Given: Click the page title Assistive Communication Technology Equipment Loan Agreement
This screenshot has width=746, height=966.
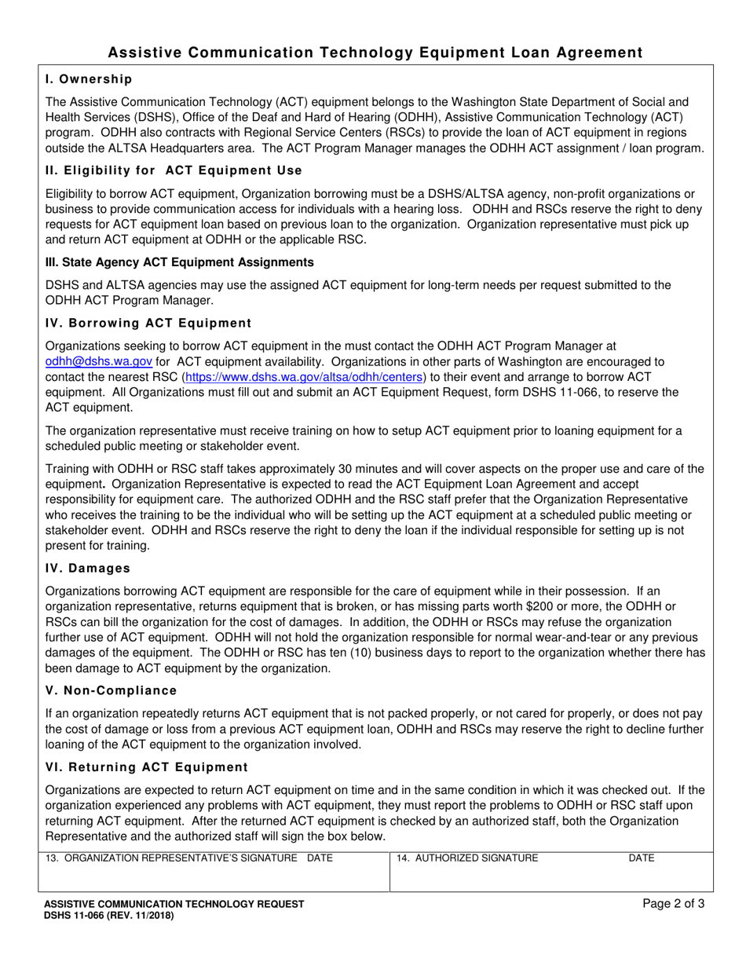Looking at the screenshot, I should click(375, 53).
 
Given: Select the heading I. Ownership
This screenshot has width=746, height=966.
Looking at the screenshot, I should click(89, 79).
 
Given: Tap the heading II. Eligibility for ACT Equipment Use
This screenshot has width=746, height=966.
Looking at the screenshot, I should click(174, 170).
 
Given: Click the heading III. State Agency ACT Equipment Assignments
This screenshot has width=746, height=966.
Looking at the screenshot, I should click(180, 262).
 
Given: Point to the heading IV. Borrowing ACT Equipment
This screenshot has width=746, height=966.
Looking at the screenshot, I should click(148, 323).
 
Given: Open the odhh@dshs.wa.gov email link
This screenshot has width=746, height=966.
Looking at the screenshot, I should click(99, 361).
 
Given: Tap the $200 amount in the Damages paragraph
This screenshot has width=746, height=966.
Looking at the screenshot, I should click(494, 607).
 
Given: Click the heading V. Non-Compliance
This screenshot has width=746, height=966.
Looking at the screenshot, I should click(112, 690).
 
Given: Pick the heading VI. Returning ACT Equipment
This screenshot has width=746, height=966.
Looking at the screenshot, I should click(147, 767).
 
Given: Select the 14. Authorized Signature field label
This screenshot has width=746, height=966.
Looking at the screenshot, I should click(467, 858).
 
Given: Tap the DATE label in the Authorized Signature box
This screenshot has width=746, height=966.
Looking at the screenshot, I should click(642, 858).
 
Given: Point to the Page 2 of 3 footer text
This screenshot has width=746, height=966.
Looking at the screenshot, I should click(673, 903).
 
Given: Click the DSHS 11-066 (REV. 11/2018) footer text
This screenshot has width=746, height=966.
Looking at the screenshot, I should click(109, 915).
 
